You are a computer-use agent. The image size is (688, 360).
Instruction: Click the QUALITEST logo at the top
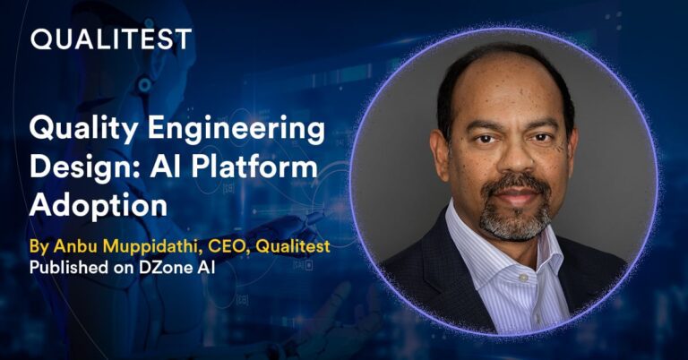click(111, 39)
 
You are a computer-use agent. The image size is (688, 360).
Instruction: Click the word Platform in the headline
click(263, 168)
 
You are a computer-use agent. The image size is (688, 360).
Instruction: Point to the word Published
click(66, 267)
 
